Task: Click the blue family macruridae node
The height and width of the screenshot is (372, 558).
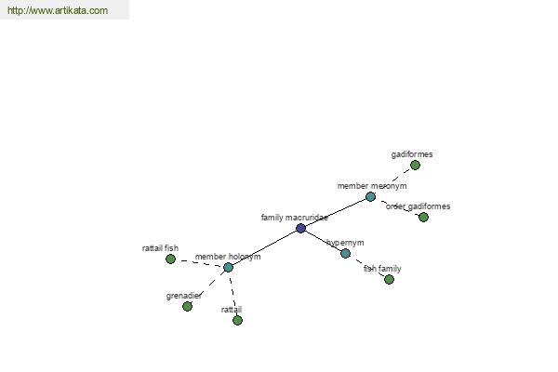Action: point(300,228)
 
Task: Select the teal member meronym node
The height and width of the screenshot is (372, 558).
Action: point(370,197)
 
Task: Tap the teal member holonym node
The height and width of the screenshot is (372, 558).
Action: point(228,267)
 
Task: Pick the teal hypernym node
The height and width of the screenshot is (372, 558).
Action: point(345,254)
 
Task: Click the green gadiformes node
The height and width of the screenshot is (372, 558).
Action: point(415,166)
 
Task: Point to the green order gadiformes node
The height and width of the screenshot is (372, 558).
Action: point(423,217)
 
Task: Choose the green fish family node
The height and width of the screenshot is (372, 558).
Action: point(389,280)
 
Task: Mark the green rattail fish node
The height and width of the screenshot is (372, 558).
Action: point(170,259)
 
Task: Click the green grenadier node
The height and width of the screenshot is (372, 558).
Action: point(187,307)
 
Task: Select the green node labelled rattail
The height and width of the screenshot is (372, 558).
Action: point(237,320)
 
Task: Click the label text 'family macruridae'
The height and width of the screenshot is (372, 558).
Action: point(295,218)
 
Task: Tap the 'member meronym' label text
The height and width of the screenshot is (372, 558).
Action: point(372,186)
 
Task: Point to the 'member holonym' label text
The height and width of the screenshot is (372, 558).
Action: point(228,257)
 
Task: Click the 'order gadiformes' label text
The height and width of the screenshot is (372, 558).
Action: point(418,206)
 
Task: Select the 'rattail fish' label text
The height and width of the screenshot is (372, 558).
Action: point(160,248)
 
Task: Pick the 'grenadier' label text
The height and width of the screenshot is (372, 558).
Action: point(183,296)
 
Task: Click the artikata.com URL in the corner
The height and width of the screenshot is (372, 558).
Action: point(58,10)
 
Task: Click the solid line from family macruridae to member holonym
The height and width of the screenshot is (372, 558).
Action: point(264,247)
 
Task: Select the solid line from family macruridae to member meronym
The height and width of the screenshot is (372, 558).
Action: point(336,213)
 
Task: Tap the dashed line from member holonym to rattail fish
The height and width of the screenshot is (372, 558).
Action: point(199,262)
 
